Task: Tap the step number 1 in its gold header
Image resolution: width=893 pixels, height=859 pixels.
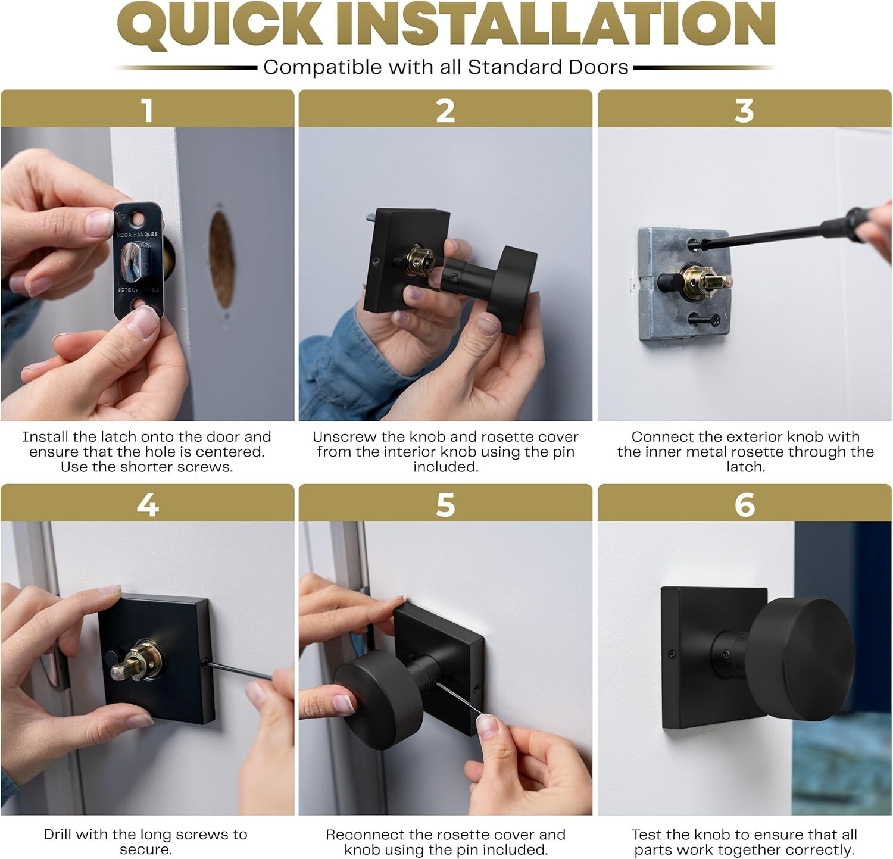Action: click(x=147, y=110)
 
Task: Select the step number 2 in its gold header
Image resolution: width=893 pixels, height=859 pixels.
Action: click(x=445, y=110)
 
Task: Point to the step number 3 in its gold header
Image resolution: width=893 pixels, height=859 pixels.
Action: click(x=744, y=110)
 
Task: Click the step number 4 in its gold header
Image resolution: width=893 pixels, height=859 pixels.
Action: click(x=147, y=505)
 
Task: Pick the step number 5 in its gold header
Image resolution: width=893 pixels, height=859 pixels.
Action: click(x=445, y=505)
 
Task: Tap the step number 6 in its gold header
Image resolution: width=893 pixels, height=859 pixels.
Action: click(x=745, y=505)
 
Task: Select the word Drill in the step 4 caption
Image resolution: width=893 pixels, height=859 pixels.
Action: click(x=58, y=834)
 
